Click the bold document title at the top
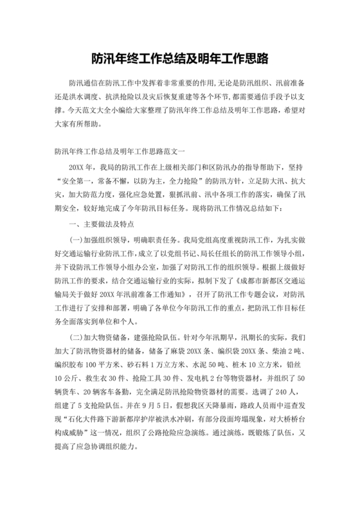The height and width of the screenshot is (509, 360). (x=179, y=59)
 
